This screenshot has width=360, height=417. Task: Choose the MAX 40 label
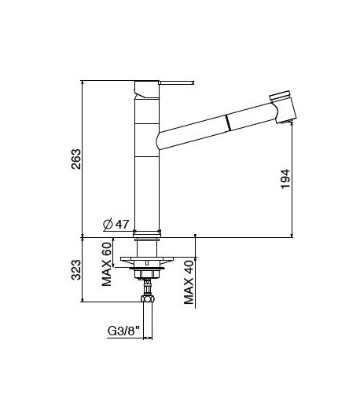[x=188, y=284]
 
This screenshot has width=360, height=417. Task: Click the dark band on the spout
[x=227, y=121]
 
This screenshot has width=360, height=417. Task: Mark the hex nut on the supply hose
[x=146, y=298]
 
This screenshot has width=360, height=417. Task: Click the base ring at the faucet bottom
[x=147, y=233]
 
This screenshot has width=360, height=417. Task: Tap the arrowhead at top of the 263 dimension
[x=83, y=82]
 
